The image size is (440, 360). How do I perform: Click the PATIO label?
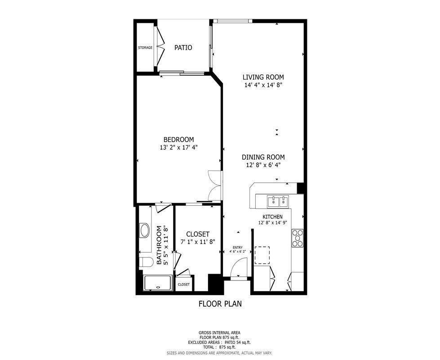tap(183, 48)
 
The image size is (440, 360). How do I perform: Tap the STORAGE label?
tap(145, 48)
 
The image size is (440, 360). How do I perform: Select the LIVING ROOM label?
tap(263, 77)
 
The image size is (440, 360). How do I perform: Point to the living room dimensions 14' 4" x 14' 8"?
tap(263, 85)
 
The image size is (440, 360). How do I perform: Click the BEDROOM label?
tap(179, 139)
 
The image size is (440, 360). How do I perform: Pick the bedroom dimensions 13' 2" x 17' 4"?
tap(179, 147)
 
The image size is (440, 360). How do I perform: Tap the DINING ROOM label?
tap(263, 157)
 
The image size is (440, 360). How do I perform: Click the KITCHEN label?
tap(272, 217)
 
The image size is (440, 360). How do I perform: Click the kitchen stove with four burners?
tap(298, 238)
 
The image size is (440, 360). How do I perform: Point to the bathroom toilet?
tap(146, 262)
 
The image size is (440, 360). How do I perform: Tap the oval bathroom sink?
tap(145, 231)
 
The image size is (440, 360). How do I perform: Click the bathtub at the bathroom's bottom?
tap(157, 283)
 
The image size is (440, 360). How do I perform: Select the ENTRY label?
tap(238, 248)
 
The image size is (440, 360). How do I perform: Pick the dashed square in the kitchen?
tap(262, 255)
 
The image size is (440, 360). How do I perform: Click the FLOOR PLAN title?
tap(220, 304)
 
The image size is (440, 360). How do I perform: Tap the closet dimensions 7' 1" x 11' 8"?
tap(198, 242)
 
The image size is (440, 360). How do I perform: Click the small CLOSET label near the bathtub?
tap(184, 284)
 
